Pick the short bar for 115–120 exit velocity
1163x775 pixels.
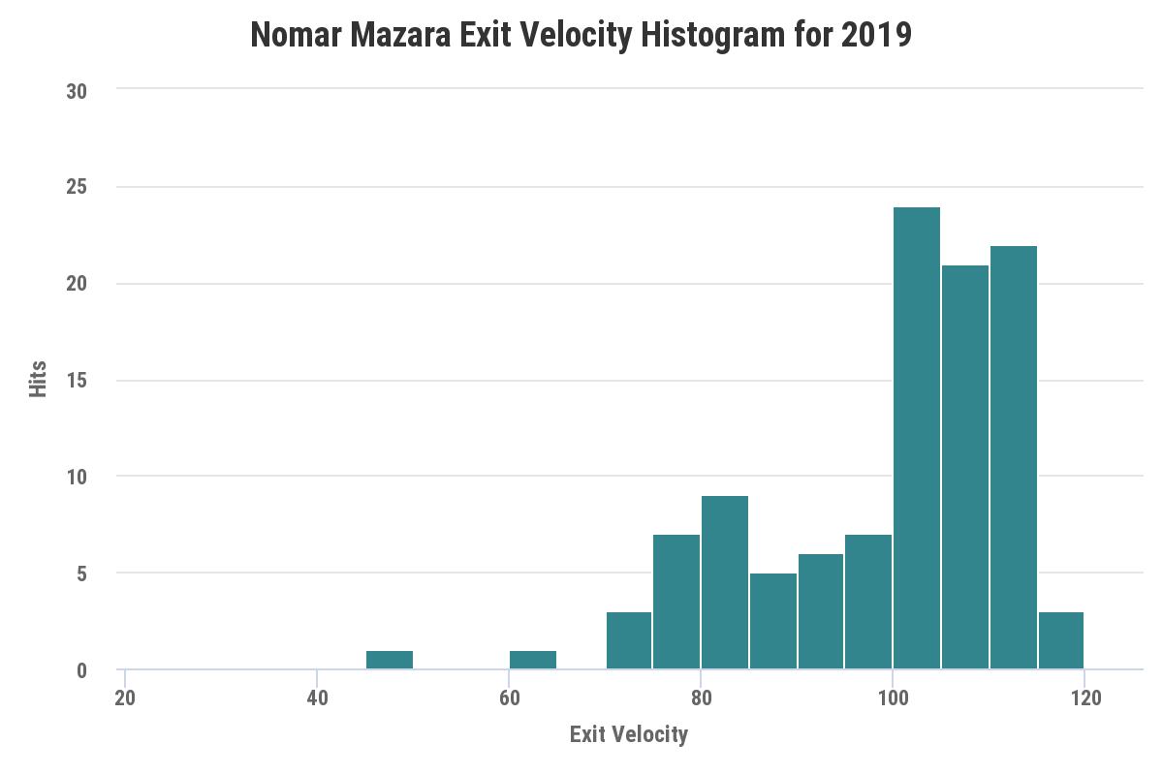tap(1061, 640)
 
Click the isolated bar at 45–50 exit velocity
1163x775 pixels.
tap(390, 660)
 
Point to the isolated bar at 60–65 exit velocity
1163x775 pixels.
tap(533, 660)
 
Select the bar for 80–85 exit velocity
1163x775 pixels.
tap(725, 582)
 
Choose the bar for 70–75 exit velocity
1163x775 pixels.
tap(629, 640)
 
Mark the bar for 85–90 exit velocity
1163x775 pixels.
tap(773, 621)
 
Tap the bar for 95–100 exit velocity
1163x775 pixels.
tap(868, 602)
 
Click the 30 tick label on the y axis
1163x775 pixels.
tap(77, 91)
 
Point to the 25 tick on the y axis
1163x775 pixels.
tap(77, 187)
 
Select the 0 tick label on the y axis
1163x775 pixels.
tap(81, 670)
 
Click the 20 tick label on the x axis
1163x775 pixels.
tap(125, 697)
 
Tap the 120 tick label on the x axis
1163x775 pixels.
tap(1084, 697)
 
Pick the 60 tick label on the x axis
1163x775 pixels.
tap(509, 697)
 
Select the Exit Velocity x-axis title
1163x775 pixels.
tap(629, 734)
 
